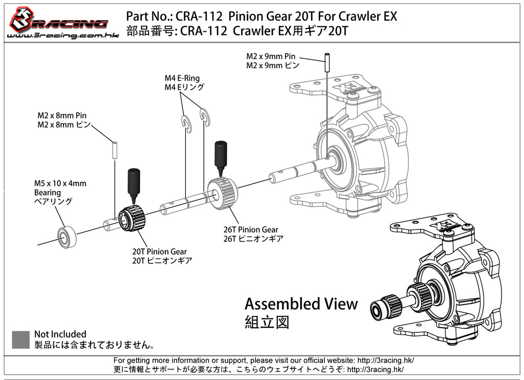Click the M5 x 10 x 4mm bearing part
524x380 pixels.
[67, 237]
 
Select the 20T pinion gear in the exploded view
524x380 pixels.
[133, 220]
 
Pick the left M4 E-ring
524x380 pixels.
[186, 124]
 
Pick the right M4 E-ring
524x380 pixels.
[205, 117]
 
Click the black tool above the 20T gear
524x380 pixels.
[133, 185]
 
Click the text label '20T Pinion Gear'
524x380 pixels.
[159, 251]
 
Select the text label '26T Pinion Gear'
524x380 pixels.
[251, 230]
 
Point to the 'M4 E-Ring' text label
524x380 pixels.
[182, 78]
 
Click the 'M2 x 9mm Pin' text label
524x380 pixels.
[271, 56]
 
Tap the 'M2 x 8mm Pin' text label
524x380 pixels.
[62, 116]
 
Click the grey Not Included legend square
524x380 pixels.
[20, 340]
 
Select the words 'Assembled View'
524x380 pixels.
[301, 304]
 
